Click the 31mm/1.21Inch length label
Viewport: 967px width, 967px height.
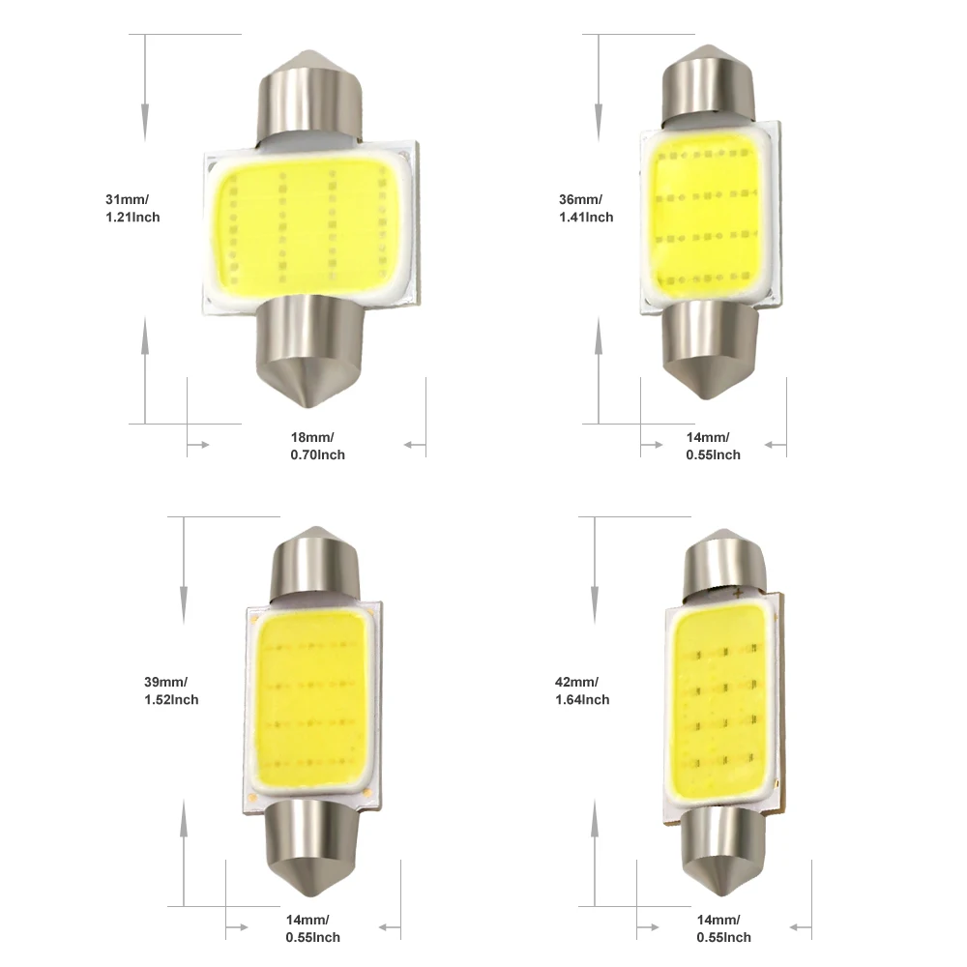tap(132, 208)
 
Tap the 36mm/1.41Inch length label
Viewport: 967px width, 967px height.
tap(586, 208)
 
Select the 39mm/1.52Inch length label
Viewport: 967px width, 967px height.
tap(171, 690)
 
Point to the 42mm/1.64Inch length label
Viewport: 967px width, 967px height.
tap(582, 690)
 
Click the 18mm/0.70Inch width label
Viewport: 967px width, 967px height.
tap(317, 446)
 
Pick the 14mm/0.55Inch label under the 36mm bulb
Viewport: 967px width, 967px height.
tap(713, 446)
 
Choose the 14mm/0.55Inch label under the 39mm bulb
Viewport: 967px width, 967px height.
tap(312, 928)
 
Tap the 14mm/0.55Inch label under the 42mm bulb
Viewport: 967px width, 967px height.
tap(724, 928)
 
